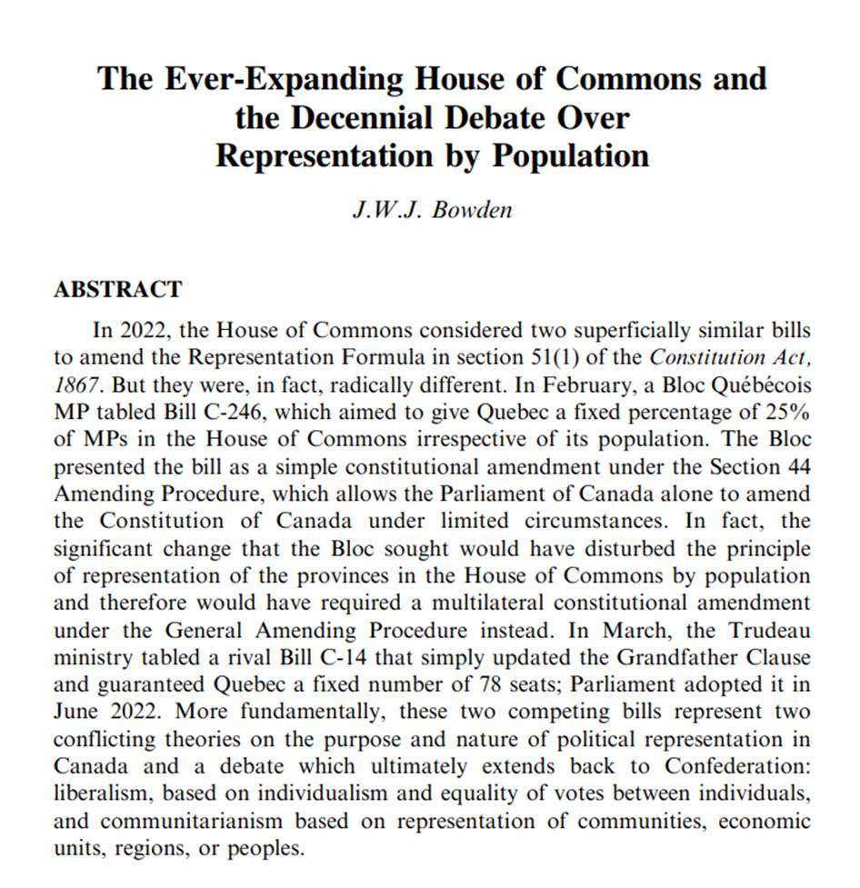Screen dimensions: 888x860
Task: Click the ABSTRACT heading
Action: tap(118, 290)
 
